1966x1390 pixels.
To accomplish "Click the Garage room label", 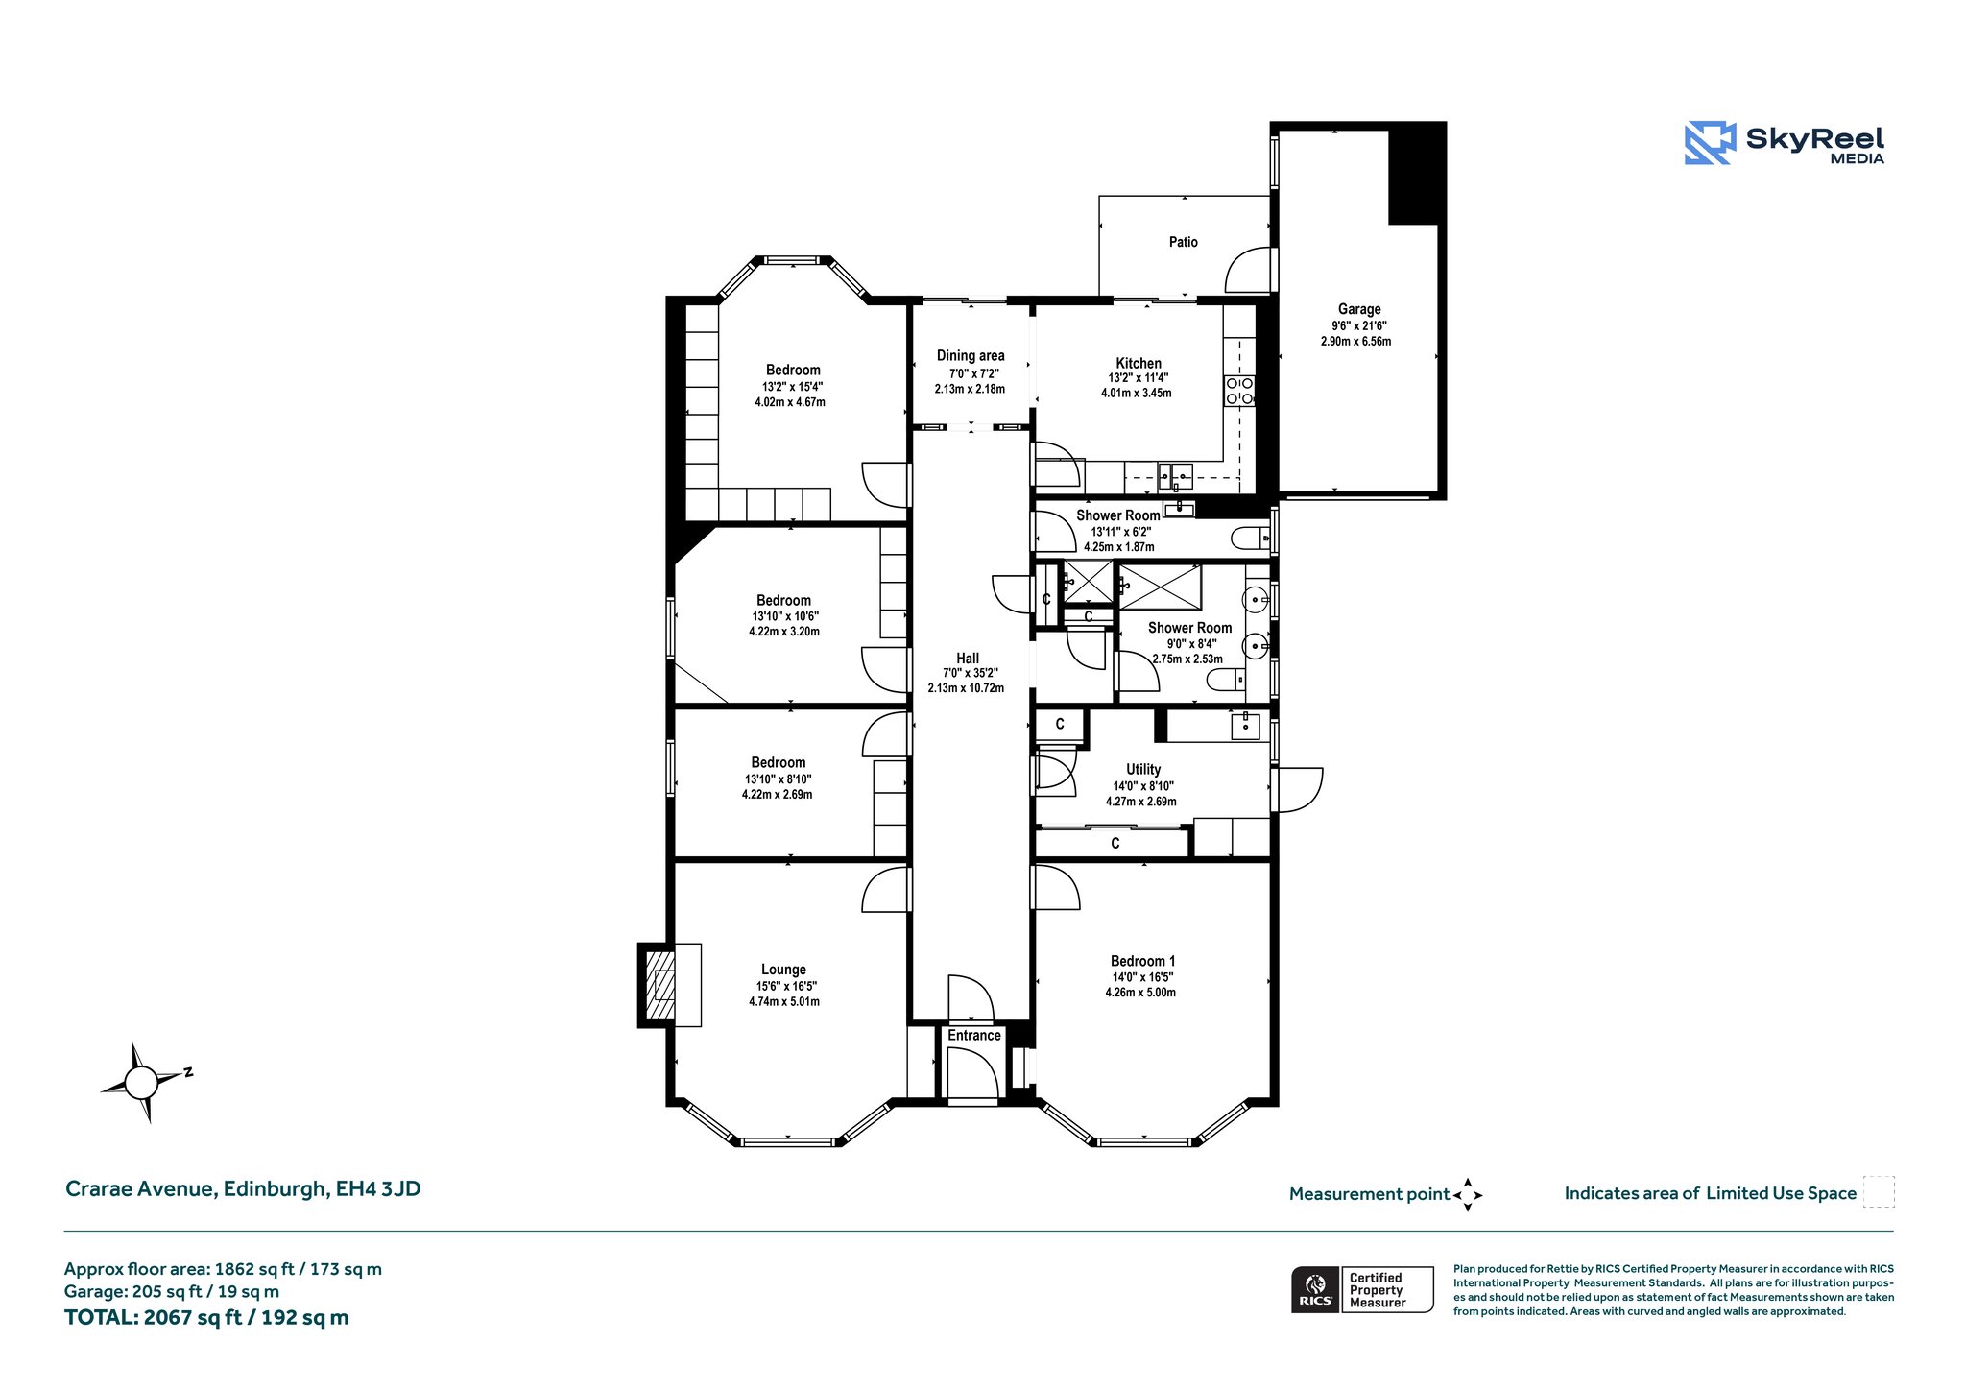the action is coord(1359,309).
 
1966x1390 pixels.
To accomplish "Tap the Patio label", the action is coord(1184,242).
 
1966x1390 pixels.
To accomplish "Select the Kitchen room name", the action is coord(1139,363).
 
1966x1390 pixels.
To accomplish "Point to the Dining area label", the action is coord(971,355).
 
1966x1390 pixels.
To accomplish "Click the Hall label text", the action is coord(968,658).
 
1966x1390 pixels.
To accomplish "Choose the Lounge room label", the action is coord(783,970).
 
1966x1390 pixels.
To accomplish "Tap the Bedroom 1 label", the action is coord(1142,961).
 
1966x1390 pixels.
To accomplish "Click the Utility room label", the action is coord(1143,769).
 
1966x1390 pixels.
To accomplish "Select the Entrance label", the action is coord(974,1035).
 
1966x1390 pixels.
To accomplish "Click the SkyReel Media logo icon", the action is coord(1710,143).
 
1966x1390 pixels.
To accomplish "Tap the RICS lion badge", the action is coord(1315,1289).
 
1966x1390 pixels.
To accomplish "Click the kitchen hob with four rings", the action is coord(1239,391).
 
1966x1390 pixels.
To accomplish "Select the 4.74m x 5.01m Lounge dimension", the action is coord(784,1002).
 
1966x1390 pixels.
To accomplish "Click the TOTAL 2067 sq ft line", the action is coord(206,1318).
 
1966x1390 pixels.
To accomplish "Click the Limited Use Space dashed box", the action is coord(1879,1192).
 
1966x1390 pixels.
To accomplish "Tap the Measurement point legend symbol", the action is coord(1468,1195).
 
